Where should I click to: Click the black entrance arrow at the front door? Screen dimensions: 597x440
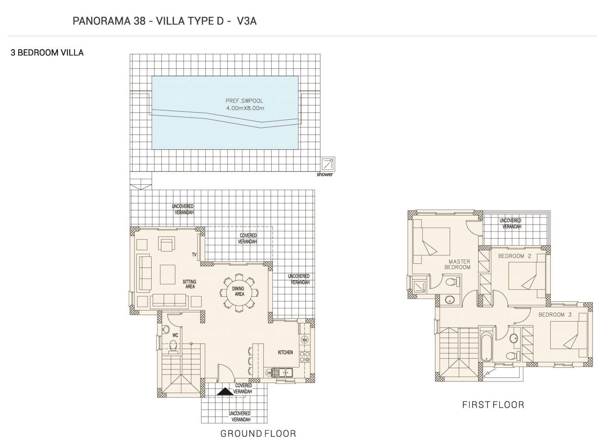tap(225, 391)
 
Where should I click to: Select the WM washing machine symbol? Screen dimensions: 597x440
tap(304, 340)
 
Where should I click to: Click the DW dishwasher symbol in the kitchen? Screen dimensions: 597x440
tap(268, 373)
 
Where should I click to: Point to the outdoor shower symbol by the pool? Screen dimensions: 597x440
tap(328, 164)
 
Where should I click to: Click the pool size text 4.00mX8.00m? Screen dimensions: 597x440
tap(245, 109)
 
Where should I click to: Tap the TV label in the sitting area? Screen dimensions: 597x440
tap(194, 255)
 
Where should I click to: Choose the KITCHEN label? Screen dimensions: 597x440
tap(285, 353)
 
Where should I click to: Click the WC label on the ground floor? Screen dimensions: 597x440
tap(175, 335)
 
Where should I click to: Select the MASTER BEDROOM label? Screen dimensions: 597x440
tap(457, 264)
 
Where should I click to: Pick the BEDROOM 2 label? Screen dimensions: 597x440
tap(515, 256)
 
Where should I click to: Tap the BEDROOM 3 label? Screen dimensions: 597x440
tap(555, 315)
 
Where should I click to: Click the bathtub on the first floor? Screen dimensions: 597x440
tap(487, 346)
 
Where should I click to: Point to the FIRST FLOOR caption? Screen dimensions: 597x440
tap(493, 405)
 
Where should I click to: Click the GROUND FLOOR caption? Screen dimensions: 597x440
tap(258, 434)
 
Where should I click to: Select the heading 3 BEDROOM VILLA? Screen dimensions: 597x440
tap(47, 53)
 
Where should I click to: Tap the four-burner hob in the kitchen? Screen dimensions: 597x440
tap(305, 357)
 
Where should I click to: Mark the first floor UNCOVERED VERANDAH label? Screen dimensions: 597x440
tap(510, 223)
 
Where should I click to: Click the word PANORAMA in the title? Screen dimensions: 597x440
tap(102, 21)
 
